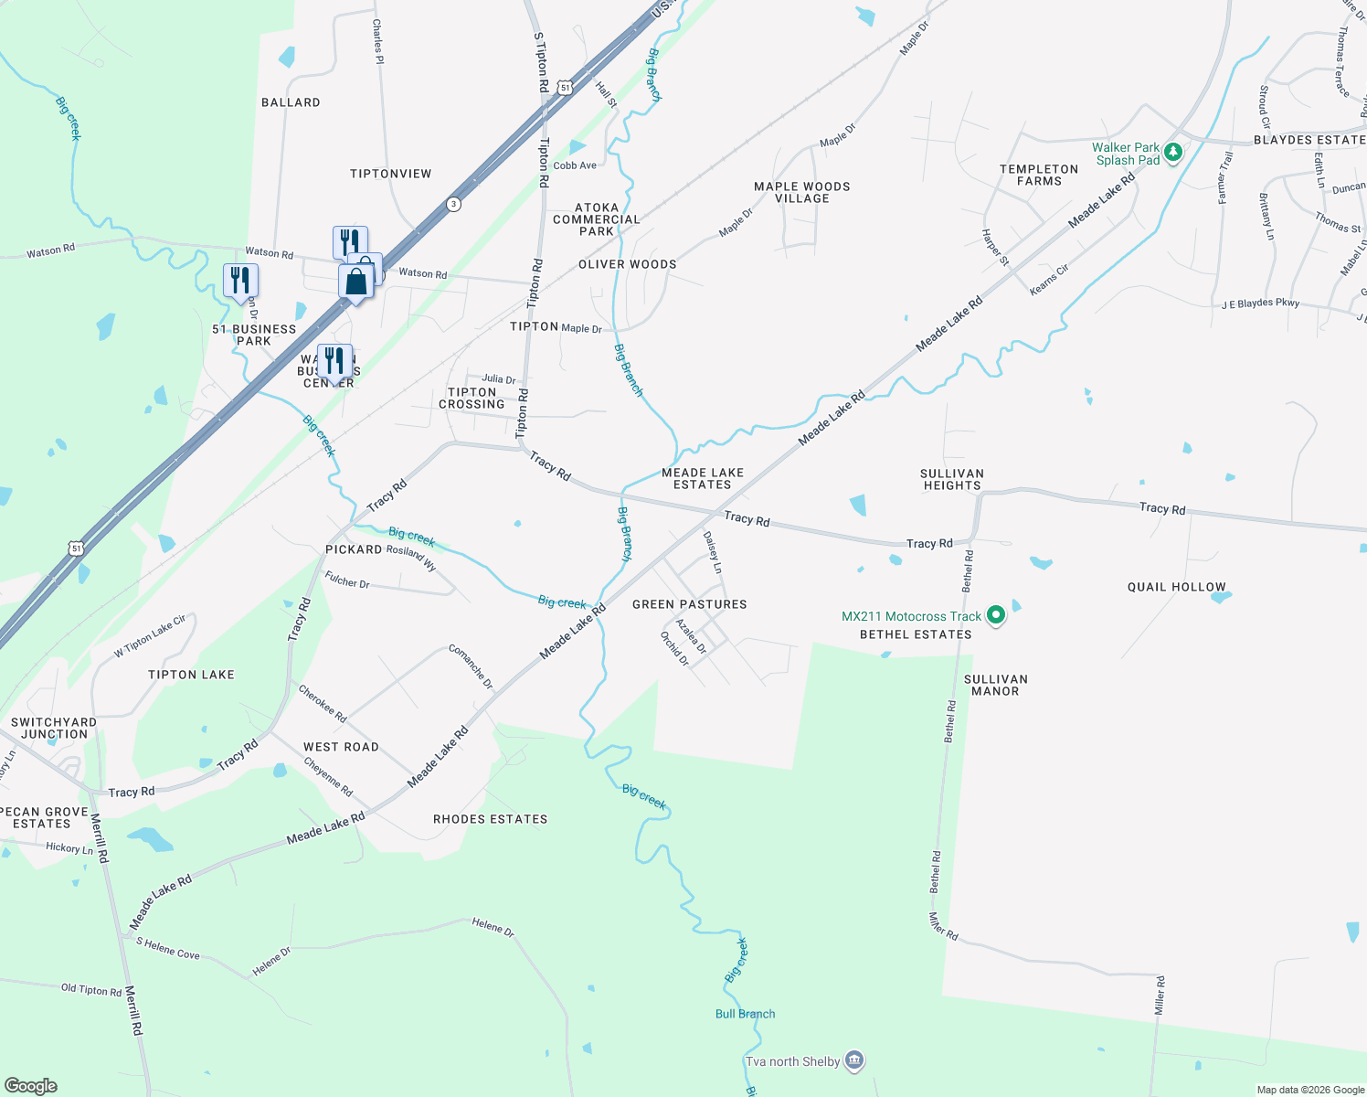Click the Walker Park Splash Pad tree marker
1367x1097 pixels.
pos(1173,153)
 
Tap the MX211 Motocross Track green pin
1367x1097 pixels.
pos(996,615)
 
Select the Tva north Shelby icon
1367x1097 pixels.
pos(854,1060)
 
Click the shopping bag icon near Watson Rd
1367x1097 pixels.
pos(356,282)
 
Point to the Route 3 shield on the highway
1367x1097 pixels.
pos(453,204)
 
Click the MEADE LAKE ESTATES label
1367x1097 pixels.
pos(702,478)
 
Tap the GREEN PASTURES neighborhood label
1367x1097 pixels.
pos(689,604)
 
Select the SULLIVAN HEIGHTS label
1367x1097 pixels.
pos(951,480)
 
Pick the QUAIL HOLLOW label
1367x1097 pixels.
pos(1176,587)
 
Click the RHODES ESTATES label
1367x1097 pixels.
pos(490,819)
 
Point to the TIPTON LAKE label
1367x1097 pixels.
pos(191,675)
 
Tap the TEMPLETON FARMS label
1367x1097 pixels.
pos(1039,175)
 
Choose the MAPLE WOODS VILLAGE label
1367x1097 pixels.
pos(801,192)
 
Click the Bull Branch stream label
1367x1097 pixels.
pos(745,1014)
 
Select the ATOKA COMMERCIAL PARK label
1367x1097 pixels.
pos(596,219)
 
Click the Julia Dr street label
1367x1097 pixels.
pos(498,378)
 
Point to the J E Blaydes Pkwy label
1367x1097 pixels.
pos(1260,303)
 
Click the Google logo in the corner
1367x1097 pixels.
pos(31,1085)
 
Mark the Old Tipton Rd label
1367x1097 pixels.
pos(90,989)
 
